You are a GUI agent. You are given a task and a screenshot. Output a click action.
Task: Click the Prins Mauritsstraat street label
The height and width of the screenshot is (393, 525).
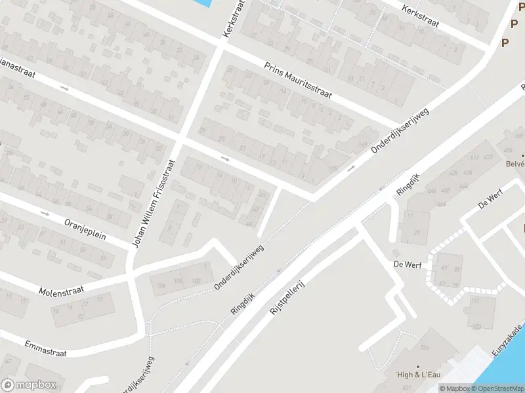point(298,81)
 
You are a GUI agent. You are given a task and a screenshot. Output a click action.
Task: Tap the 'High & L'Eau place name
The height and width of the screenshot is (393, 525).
point(417,374)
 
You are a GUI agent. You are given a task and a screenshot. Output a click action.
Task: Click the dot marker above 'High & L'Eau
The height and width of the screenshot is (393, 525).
point(417,366)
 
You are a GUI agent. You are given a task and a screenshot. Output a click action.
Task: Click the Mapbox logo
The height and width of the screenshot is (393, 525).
point(29,385)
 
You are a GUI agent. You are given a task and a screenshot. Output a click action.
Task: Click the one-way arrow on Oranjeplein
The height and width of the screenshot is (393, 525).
point(45,214)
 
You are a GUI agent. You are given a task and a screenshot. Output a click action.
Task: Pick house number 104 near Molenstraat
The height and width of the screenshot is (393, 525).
point(161,284)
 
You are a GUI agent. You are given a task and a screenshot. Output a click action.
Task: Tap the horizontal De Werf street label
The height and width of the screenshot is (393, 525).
point(407,265)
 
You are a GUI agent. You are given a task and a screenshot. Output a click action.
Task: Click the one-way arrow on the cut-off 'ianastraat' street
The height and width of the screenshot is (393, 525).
point(64,88)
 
